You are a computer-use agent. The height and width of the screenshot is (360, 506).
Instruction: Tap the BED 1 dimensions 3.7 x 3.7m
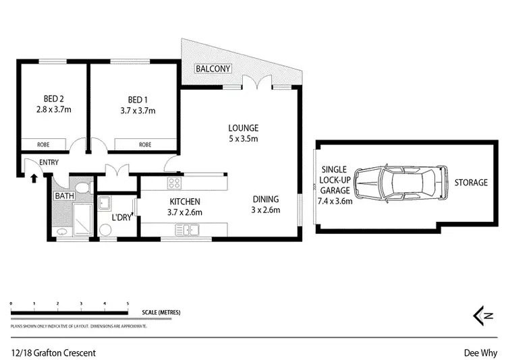pyautogui.click(x=138, y=111)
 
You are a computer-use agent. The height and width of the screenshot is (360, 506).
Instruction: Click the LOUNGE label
pyautogui.click(x=243, y=128)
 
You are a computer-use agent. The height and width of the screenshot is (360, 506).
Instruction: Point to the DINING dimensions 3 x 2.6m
pyautogui.click(x=266, y=210)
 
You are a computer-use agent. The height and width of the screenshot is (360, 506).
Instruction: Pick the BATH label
pyautogui.click(x=65, y=196)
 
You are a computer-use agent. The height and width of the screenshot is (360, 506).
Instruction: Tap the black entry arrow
pyautogui.click(x=34, y=178)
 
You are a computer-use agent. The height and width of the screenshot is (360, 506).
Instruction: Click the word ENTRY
pyautogui.click(x=49, y=162)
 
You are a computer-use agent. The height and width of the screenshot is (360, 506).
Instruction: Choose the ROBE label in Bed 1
pyautogui.click(x=144, y=144)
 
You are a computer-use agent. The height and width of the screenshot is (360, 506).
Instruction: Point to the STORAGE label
pyautogui.click(x=470, y=183)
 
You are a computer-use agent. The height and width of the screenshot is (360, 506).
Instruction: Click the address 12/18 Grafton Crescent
pyautogui.click(x=53, y=352)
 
